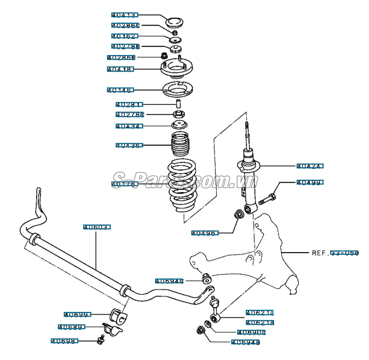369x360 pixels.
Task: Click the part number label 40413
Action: pos(124,15)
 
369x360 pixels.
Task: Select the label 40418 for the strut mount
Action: pos(120,69)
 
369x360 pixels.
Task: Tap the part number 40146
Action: pos(120,90)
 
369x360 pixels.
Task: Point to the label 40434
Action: pos(129,126)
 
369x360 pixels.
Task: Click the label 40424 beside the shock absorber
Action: pos(310,166)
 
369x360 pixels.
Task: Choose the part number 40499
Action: pos(310,182)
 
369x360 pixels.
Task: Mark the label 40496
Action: pos(204,233)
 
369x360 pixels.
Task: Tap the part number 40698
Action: pos(64,341)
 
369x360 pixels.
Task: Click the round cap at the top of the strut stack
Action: pos(175,23)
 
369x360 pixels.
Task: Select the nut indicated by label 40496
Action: pos(238,215)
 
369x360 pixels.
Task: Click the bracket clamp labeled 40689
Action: pos(112,329)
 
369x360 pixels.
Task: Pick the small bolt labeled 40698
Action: pos(100,339)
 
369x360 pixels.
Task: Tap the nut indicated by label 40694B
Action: pos(201,330)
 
